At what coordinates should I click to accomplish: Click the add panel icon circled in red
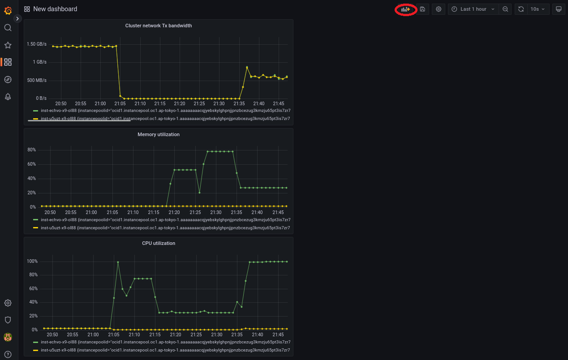(x=405, y=9)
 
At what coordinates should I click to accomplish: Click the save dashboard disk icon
(x=422, y=9)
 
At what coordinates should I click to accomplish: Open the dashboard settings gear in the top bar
(x=439, y=9)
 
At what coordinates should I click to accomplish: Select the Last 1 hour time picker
(x=473, y=9)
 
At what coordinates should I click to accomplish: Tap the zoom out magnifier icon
(x=505, y=9)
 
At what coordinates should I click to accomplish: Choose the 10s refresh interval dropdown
(x=537, y=9)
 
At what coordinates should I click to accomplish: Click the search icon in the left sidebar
(x=8, y=28)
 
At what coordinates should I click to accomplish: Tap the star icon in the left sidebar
(x=8, y=45)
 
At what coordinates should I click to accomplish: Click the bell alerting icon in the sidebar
(x=8, y=97)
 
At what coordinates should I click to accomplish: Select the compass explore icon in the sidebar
(x=8, y=80)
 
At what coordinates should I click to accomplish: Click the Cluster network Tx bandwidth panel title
(x=159, y=26)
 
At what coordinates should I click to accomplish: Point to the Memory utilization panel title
(x=159, y=134)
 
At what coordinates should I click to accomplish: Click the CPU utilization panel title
(x=159, y=244)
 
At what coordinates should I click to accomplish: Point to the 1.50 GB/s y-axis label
(x=36, y=44)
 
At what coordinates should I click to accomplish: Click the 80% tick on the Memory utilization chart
(x=31, y=150)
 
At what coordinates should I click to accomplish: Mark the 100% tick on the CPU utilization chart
(x=32, y=261)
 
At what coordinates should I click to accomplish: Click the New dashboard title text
(x=55, y=9)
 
